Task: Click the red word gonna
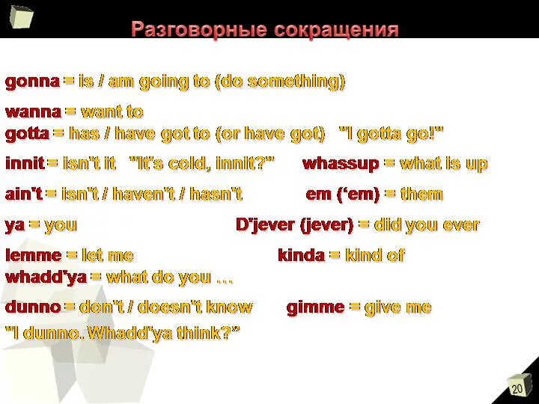(33, 81)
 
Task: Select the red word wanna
(33, 112)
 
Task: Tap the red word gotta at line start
(27, 135)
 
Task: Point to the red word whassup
(340, 164)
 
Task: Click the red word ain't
(23, 195)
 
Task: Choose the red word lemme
(33, 256)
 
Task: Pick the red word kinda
(301, 256)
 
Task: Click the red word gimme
(315, 307)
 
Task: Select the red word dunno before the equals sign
(33, 307)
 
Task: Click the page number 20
(517, 389)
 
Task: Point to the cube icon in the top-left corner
(20, 18)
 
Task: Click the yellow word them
(421, 195)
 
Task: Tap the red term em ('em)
(341, 195)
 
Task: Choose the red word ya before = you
(14, 225)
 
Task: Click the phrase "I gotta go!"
(391, 135)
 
